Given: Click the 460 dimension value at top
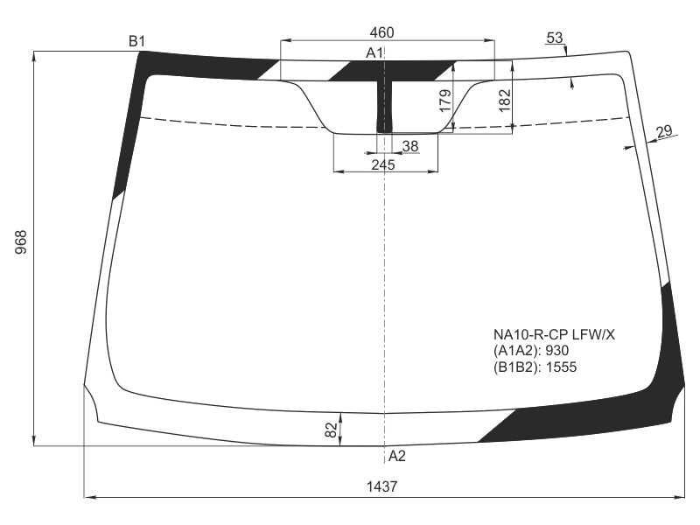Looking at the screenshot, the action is [x=381, y=32].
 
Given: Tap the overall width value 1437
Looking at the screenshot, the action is [x=381, y=486].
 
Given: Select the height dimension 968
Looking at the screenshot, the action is [x=21, y=241].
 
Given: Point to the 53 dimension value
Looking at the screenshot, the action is [x=554, y=38].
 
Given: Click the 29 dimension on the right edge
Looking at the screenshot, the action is [x=664, y=130].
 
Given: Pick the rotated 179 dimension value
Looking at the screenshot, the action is [x=445, y=101].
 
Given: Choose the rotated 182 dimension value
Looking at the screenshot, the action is [x=504, y=101].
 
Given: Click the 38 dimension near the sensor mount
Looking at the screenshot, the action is [x=409, y=146].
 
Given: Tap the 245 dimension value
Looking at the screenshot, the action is [x=383, y=164].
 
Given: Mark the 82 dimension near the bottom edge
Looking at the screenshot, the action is [x=331, y=430].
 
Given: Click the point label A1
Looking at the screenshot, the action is [x=374, y=53].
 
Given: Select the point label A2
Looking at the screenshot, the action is [x=397, y=456].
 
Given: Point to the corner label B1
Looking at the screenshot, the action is [x=137, y=41].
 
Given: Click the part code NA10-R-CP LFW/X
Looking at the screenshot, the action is [x=554, y=334].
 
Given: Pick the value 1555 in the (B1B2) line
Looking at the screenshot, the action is [x=561, y=367].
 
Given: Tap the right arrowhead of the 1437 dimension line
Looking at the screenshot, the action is [x=680, y=496].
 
